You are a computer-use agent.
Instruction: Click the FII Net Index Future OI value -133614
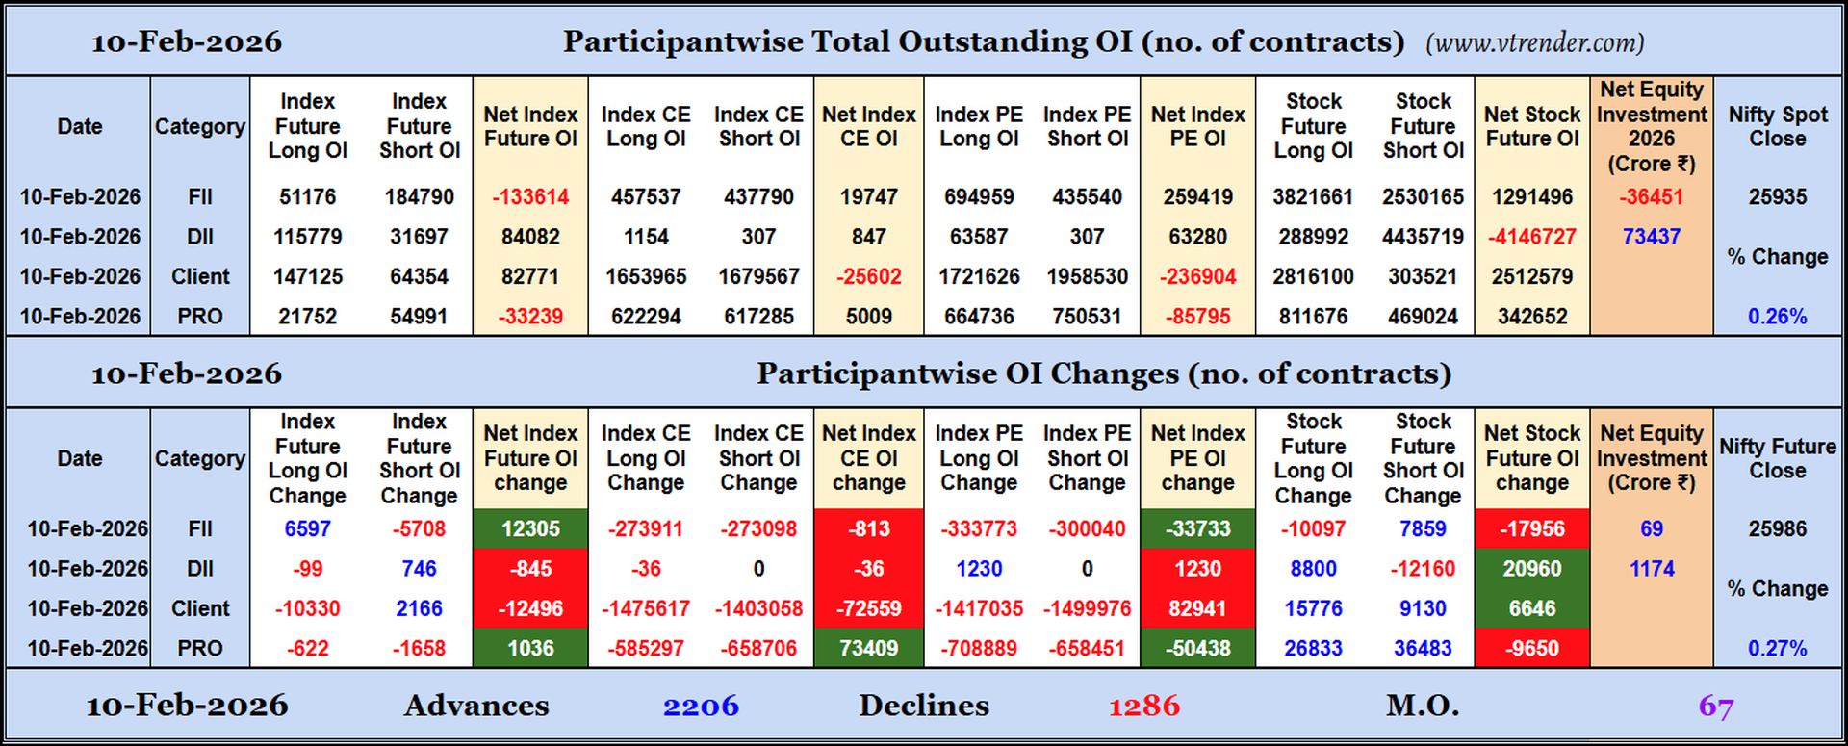pyautogui.click(x=530, y=197)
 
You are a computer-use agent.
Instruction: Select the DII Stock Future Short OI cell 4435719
pyautogui.click(x=1423, y=237)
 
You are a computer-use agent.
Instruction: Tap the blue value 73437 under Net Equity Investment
pyautogui.click(x=1651, y=237)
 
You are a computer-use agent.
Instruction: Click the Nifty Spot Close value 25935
pyautogui.click(x=1777, y=197)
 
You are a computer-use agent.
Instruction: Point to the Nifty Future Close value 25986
pyautogui.click(x=1777, y=529)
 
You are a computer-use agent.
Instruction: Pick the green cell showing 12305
pyautogui.click(x=530, y=529)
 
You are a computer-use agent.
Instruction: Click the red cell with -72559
pyautogui.click(x=868, y=609)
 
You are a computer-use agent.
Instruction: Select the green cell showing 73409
pyautogui.click(x=868, y=649)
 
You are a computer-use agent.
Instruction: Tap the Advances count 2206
pyautogui.click(x=701, y=707)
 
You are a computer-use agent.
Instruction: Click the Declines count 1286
pyautogui.click(x=1143, y=707)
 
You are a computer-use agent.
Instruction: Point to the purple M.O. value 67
pyautogui.click(x=1715, y=707)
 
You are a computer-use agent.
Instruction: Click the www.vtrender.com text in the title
pyautogui.click(x=1534, y=43)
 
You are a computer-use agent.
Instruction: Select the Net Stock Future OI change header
pyautogui.click(x=1531, y=458)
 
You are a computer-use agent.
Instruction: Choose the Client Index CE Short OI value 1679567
pyautogui.click(x=758, y=277)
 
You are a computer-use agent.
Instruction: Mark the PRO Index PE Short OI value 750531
pyautogui.click(x=1087, y=317)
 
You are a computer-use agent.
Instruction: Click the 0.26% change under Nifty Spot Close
pyautogui.click(x=1777, y=317)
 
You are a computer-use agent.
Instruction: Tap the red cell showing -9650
pyautogui.click(x=1531, y=649)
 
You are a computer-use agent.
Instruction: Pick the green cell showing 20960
pyautogui.click(x=1531, y=569)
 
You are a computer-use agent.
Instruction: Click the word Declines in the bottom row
pyautogui.click(x=923, y=707)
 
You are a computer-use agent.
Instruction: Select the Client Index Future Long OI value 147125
pyautogui.click(x=307, y=277)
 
